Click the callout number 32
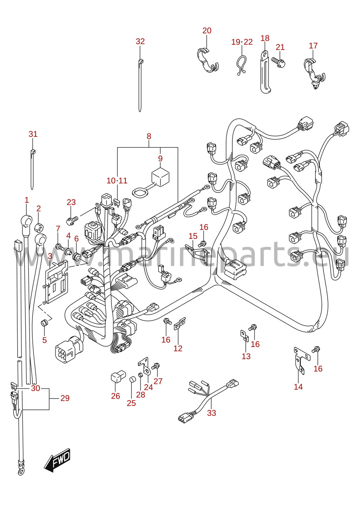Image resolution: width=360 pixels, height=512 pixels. [x=140, y=42]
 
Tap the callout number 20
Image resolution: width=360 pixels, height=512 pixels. [x=207, y=31]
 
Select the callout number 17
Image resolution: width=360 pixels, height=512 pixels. [x=313, y=46]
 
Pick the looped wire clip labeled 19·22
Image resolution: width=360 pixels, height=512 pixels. [x=241, y=65]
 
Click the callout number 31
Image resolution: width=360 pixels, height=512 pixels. [x=33, y=134]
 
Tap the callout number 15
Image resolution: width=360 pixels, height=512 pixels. [x=193, y=236]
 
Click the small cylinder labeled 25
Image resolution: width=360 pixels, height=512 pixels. [x=131, y=380]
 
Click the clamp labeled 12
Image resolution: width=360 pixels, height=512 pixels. [x=180, y=324]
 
